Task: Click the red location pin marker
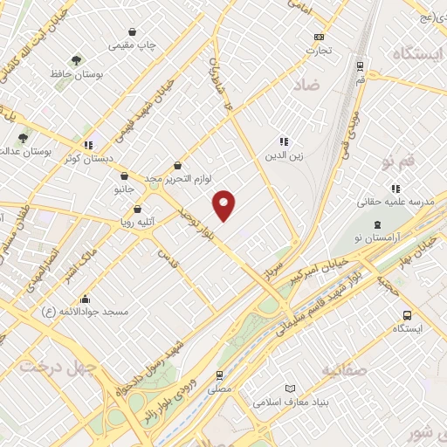pos(224,204)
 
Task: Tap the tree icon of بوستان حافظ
pos(77,61)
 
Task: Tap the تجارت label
pos(319,50)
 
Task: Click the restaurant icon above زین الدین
pos(283,141)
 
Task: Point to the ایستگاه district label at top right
pos(409,55)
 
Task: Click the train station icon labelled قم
pos(360,66)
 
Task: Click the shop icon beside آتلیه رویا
pos(138,210)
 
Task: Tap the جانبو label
pos(124,189)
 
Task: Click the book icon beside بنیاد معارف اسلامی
pos(291,389)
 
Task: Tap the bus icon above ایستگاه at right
pos(407,315)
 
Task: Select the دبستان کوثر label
pos(87,158)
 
